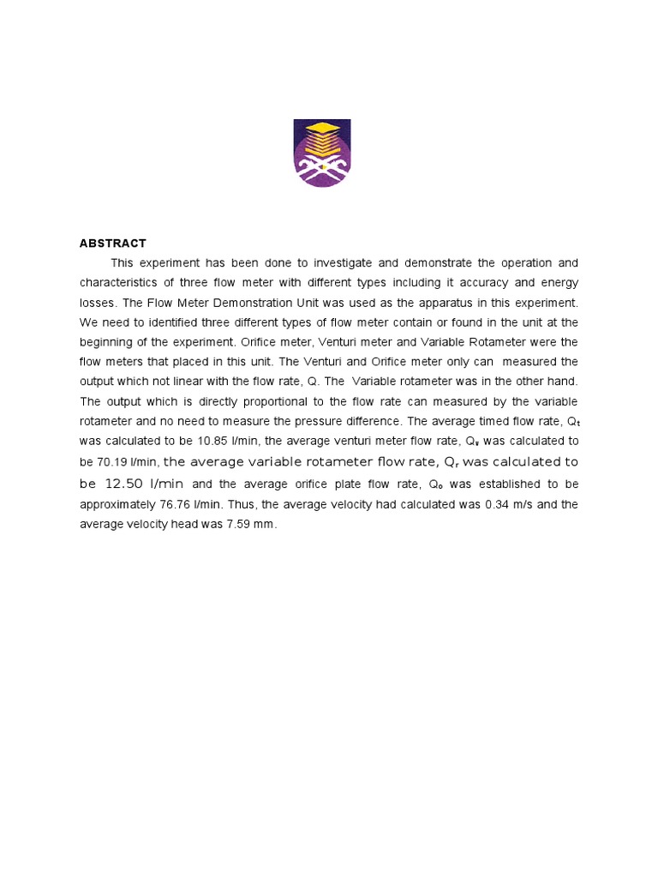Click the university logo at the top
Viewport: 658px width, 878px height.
pos(322,153)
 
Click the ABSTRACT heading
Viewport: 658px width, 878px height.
pos(113,244)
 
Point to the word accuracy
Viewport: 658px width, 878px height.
pos(486,282)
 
